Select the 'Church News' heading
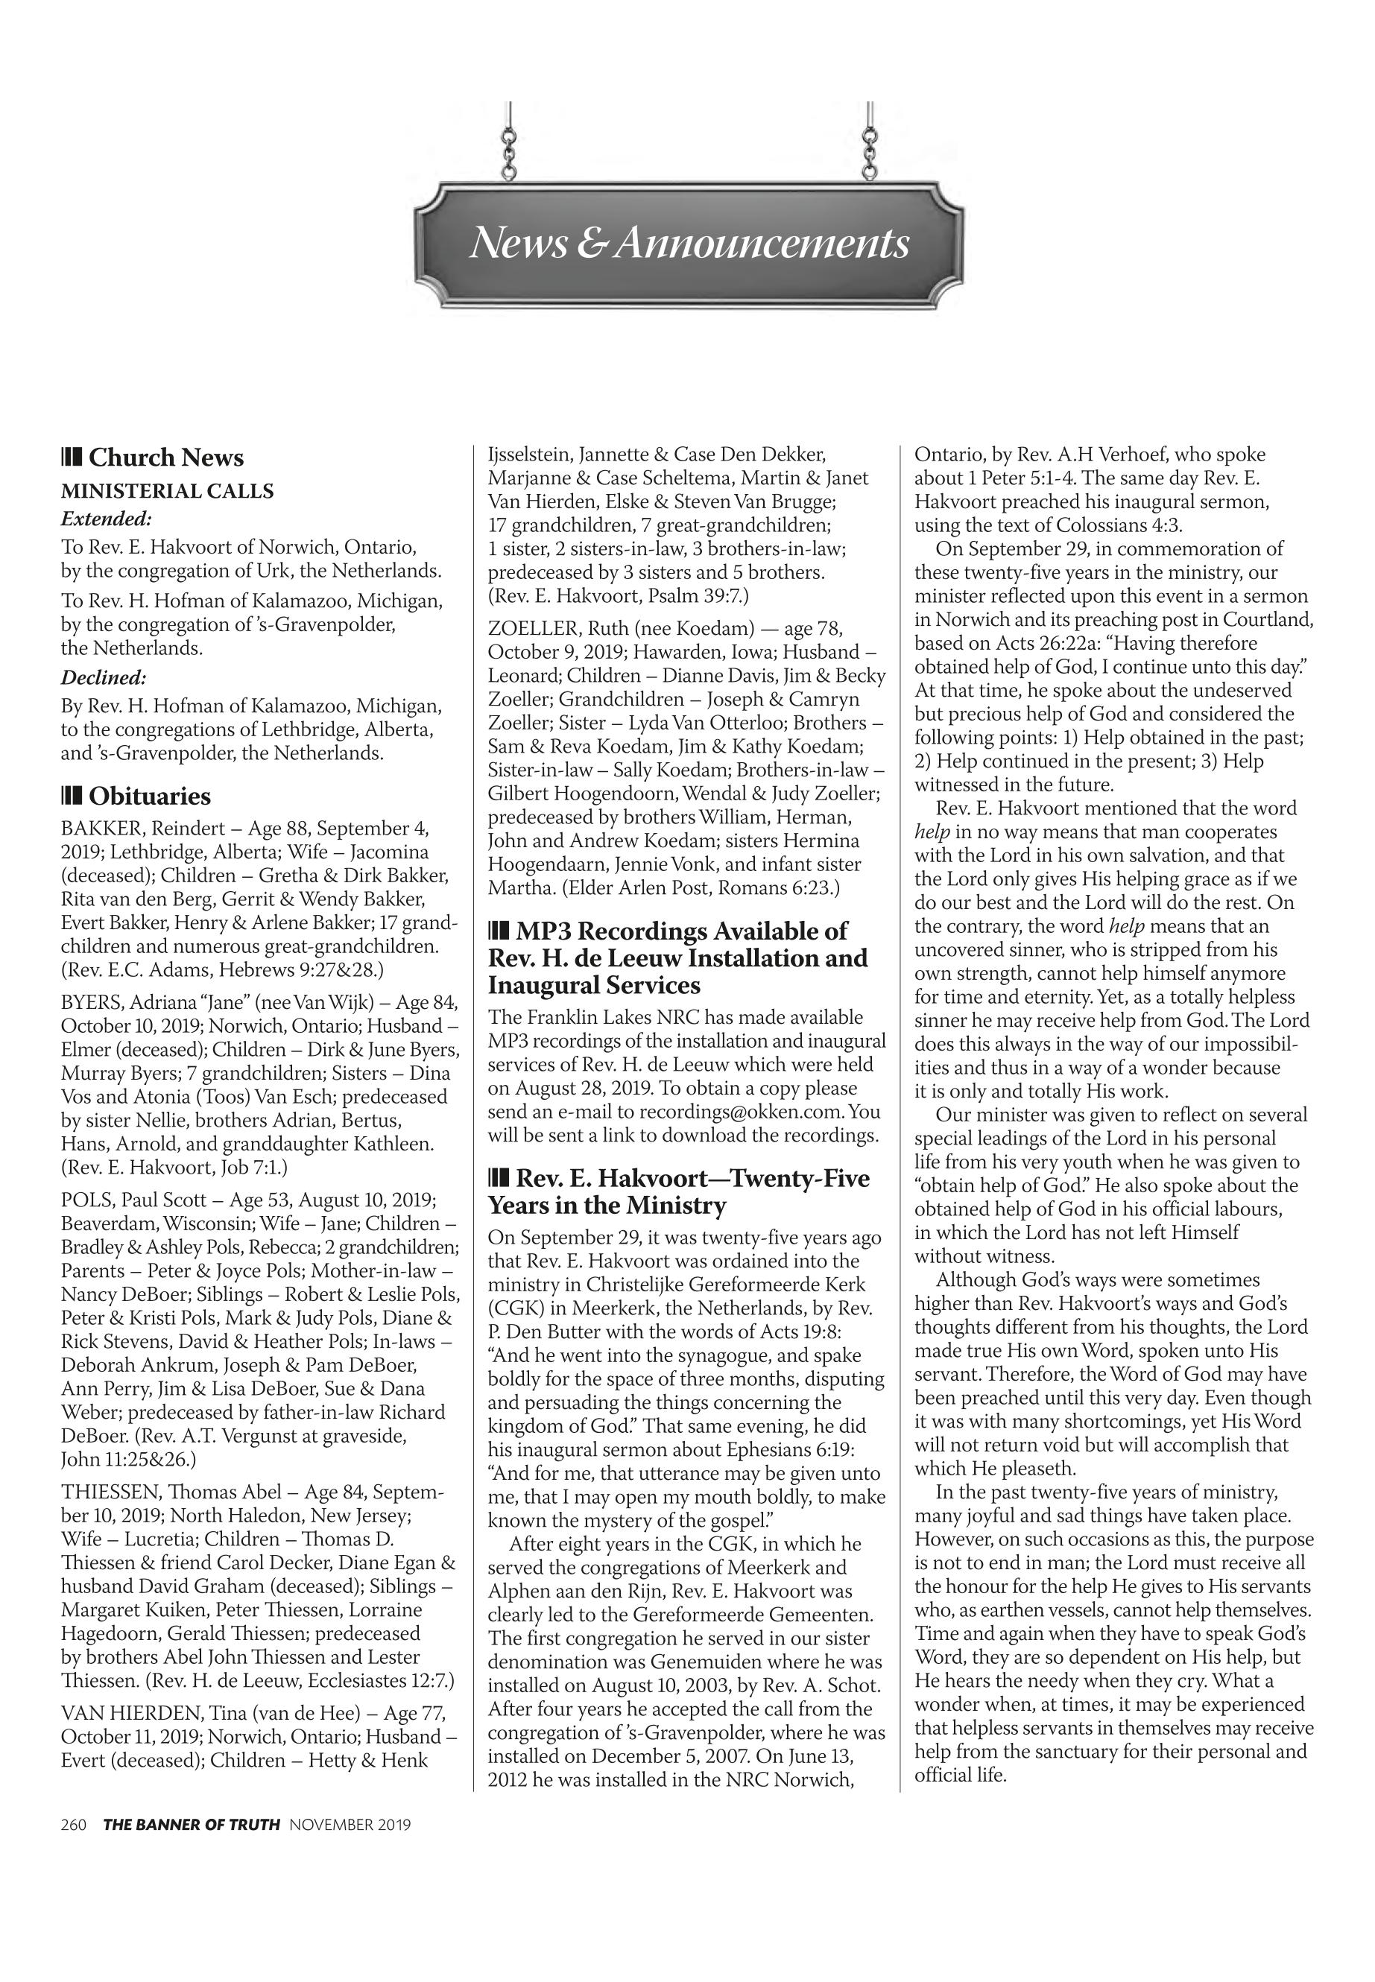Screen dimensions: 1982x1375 pyautogui.click(x=165, y=457)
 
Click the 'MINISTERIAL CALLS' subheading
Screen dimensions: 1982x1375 pyautogui.click(x=167, y=491)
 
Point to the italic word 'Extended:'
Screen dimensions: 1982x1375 pyautogui.click(x=106, y=519)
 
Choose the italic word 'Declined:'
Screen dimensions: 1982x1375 pyautogui.click(x=104, y=677)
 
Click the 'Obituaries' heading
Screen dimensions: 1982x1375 pyautogui.click(x=149, y=796)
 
